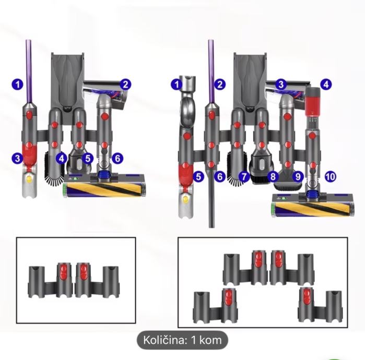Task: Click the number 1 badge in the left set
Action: click(18, 83)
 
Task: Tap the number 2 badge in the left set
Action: click(125, 83)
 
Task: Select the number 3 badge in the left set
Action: click(18, 157)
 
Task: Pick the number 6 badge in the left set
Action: click(117, 157)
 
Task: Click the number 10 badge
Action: click(329, 177)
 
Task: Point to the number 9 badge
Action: click(298, 177)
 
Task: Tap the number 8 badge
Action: click(273, 177)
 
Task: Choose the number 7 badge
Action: click(243, 177)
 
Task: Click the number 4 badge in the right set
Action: click(326, 83)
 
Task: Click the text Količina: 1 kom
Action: click(183, 341)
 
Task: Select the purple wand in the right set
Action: click(211, 68)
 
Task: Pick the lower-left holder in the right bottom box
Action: click(215, 306)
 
